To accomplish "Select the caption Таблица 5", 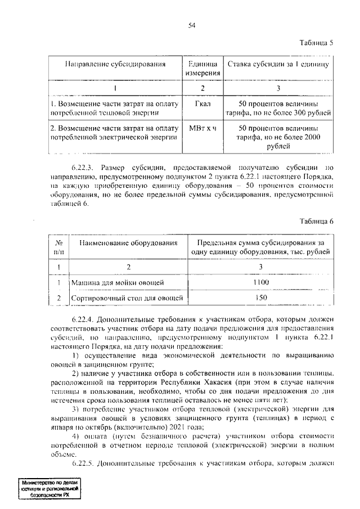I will tap(316, 43).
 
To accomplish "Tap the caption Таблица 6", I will tap(316, 221).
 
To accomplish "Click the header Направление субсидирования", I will tap(115, 64).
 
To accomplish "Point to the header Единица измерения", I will tap(202, 69).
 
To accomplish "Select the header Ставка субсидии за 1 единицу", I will tap(278, 64).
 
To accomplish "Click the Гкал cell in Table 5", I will tap(202, 105).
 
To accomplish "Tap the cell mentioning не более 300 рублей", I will tap(278, 109).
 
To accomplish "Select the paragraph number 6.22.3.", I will tap(85, 168).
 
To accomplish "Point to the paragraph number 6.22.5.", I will tap(85, 464).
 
